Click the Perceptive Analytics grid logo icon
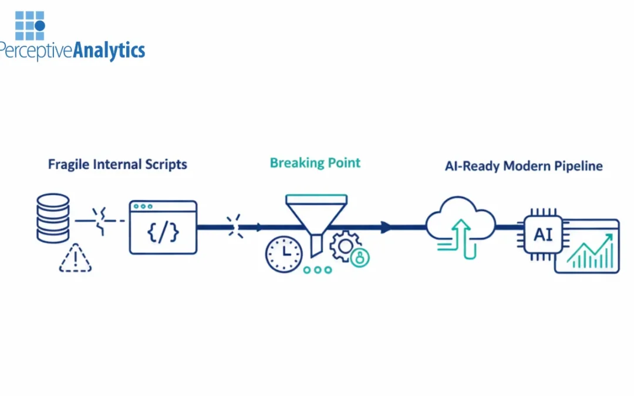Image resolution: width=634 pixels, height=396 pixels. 30,25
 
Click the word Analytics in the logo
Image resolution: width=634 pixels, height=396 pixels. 109,50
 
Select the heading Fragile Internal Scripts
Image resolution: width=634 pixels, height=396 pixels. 117,164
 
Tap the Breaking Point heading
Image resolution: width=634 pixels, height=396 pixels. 315,163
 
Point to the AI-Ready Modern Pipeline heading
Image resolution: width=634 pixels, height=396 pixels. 524,166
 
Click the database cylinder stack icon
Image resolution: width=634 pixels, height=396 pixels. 53,219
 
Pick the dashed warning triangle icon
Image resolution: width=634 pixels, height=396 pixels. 75,258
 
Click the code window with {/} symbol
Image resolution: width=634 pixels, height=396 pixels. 163,228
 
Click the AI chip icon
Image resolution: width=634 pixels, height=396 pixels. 543,234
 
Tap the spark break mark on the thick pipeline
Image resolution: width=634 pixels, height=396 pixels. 235,226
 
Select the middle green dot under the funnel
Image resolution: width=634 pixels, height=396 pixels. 318,270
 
